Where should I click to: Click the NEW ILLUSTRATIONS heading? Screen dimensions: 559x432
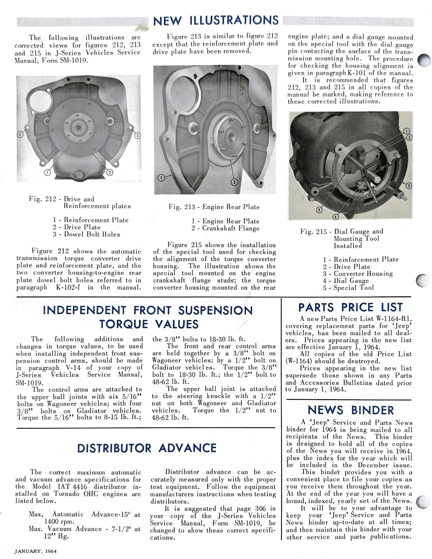point(216,20)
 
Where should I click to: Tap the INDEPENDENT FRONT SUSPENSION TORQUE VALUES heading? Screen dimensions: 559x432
point(148,317)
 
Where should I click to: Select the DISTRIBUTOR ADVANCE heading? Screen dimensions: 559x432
point(147,448)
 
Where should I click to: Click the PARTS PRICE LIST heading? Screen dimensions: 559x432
point(350,307)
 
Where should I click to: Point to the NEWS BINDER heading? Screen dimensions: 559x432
point(350,410)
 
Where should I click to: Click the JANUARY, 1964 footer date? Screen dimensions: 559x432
point(36,551)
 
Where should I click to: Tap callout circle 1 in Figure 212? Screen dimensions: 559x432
point(47,172)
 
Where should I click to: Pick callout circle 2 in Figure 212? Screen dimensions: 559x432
point(110,172)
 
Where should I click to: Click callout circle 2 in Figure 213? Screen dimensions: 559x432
point(234,182)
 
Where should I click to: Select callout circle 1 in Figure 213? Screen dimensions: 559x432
point(162,178)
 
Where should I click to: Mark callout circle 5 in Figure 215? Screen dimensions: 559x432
point(319,210)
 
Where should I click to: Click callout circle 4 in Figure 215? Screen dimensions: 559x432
point(336,217)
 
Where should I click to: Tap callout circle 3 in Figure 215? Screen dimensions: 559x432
point(409,186)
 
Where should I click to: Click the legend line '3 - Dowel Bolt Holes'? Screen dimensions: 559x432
point(86,234)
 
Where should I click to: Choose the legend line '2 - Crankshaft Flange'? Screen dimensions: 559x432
point(226,228)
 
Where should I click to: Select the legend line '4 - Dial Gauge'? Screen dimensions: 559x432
point(346,281)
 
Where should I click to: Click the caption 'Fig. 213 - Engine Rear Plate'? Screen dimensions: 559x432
point(214,207)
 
